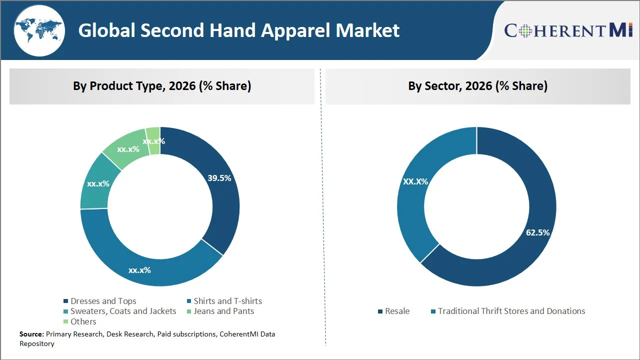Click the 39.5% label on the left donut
click(219, 178)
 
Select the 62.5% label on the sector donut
click(537, 232)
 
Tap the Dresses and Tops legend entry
click(103, 301)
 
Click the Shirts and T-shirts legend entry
click(227, 301)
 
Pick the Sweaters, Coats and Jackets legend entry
click(123, 311)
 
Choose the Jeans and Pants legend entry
click(223, 311)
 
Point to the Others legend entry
click(83, 321)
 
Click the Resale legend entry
click(397, 311)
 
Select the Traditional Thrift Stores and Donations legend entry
click(511, 311)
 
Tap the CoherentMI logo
click(568, 30)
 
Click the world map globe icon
click(39, 31)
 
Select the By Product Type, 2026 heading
click(162, 86)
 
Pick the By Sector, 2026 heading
click(477, 86)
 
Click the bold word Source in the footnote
click(31, 334)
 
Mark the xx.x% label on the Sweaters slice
click(98, 183)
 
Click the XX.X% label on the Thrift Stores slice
click(415, 181)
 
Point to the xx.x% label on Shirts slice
click(139, 270)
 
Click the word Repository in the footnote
click(37, 343)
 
